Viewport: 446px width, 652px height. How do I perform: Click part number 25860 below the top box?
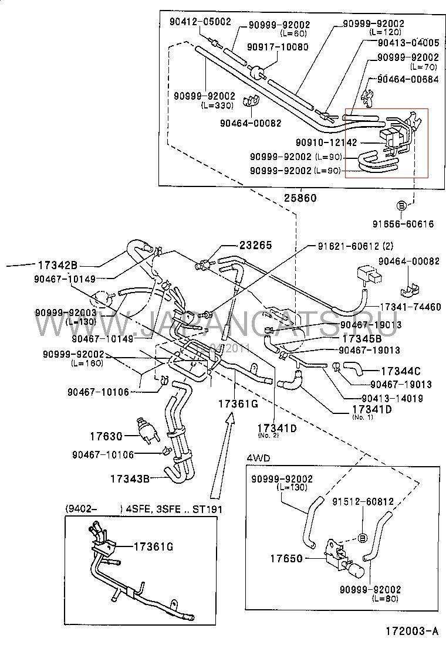(300, 198)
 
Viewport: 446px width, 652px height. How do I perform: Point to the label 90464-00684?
(407, 80)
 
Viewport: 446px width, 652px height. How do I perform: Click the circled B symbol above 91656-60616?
(401, 205)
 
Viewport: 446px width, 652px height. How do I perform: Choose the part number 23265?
(255, 246)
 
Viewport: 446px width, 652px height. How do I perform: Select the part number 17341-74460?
(410, 307)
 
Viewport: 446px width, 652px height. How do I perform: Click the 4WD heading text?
(254, 457)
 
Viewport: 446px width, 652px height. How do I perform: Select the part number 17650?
(286, 558)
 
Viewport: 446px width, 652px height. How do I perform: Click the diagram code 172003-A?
(412, 631)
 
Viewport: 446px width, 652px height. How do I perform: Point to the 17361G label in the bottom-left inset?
(153, 546)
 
